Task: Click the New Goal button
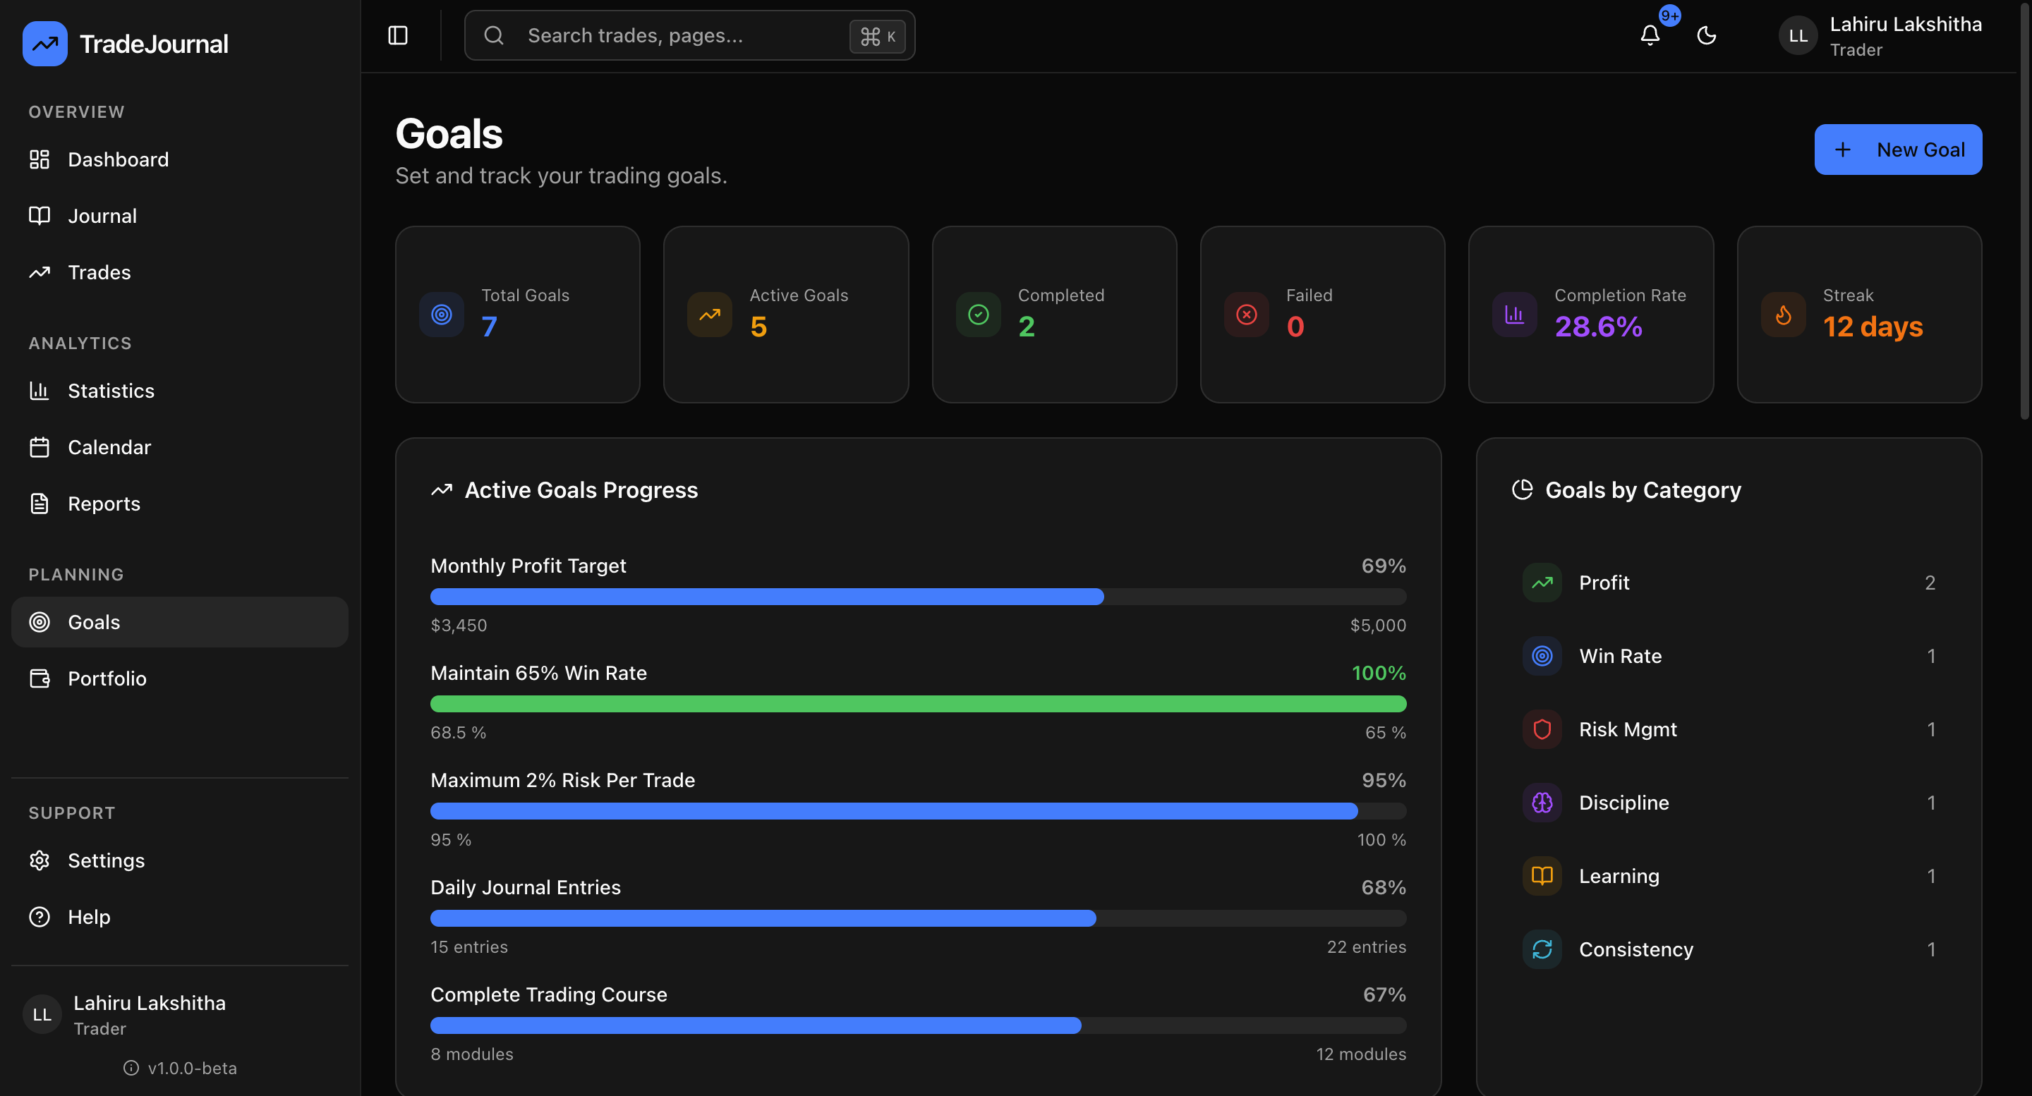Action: click(x=1897, y=149)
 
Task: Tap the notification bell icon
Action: click(x=1650, y=35)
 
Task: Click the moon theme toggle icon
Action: click(x=1706, y=35)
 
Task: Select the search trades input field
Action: click(x=678, y=35)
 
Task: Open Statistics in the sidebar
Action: click(x=111, y=391)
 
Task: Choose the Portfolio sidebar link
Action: click(x=107, y=679)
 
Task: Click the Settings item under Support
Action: click(x=106, y=860)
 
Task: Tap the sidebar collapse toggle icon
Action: click(x=397, y=35)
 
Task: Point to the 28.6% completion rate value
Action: click(x=1598, y=327)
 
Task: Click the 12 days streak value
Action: click(x=1873, y=327)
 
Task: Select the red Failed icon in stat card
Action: click(x=1246, y=315)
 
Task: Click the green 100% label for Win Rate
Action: click(x=1378, y=673)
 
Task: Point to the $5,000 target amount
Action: click(x=1377, y=626)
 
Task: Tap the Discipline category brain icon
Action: click(x=1542, y=803)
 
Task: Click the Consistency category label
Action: click(x=1635, y=949)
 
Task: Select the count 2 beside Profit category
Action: click(x=1930, y=583)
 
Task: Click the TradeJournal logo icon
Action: click(x=45, y=43)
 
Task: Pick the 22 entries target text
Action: click(x=1365, y=947)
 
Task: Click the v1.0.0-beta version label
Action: click(x=192, y=1068)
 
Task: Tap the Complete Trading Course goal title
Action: click(x=548, y=994)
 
